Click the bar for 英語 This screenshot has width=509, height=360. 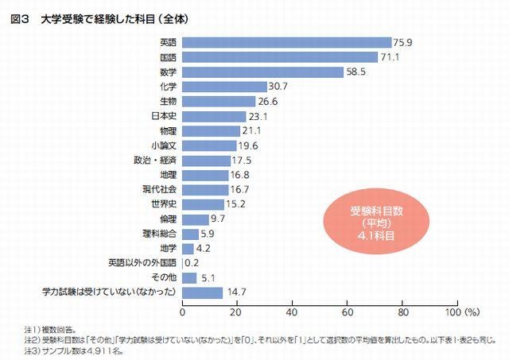point(286,42)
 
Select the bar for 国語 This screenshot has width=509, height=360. point(280,57)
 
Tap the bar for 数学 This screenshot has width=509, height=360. point(262,72)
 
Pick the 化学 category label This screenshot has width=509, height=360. point(167,86)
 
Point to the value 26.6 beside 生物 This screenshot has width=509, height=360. point(268,101)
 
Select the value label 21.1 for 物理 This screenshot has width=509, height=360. point(253,130)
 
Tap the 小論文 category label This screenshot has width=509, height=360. point(163,145)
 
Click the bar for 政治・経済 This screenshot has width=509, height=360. point(207,160)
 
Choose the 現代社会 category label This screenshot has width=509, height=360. point(159,189)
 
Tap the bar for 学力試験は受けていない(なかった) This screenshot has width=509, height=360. point(203,292)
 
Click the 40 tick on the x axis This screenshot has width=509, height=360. point(293,311)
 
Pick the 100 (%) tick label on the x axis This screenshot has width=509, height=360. point(466,311)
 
